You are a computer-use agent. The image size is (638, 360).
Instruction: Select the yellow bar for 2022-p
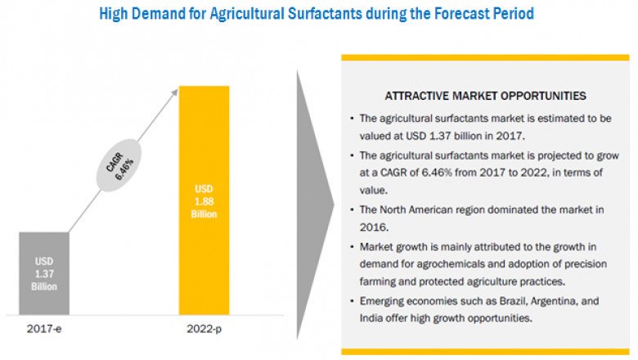pos(204,200)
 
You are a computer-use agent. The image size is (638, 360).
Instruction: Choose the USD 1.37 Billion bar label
pos(44,276)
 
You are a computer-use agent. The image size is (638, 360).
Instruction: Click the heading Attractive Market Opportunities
pos(486,96)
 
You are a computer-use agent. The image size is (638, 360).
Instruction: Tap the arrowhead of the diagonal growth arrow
pos(174,92)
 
